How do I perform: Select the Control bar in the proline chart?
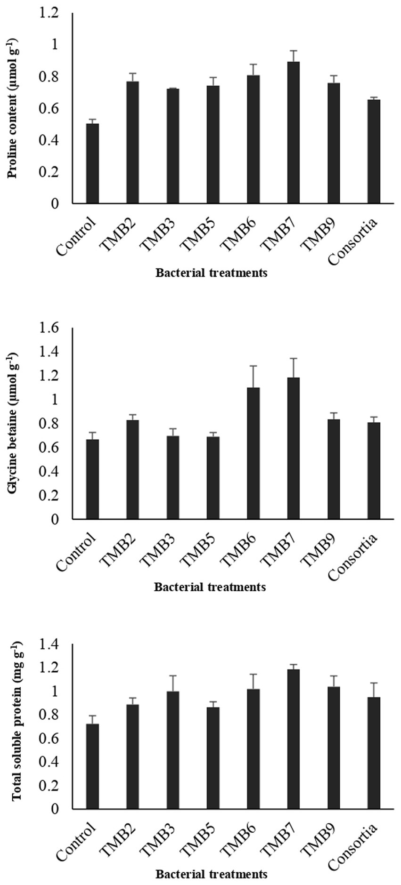click(92, 164)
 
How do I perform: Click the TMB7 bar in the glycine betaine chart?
click(293, 448)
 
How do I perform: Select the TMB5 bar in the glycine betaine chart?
click(213, 478)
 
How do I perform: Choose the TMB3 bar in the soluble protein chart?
click(173, 750)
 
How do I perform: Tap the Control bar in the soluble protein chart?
click(92, 766)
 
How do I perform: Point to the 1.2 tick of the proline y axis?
click(49, 14)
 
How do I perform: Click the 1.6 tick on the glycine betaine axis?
click(49, 328)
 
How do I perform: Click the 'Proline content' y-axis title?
click(13, 108)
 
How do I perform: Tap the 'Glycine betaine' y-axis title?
click(13, 423)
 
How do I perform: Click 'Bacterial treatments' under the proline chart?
click(212, 273)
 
